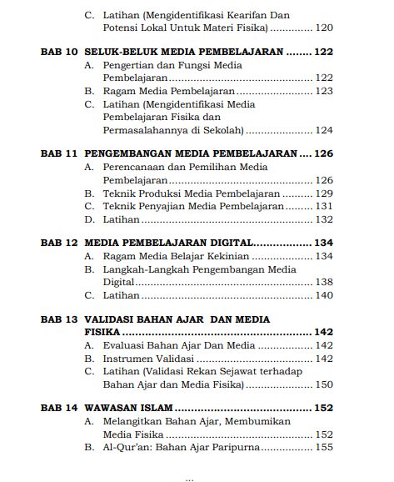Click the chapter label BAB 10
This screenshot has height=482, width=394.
(59, 52)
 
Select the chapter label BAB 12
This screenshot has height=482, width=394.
(59, 242)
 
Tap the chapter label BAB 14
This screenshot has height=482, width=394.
(59, 409)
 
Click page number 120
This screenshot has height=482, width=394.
(322, 28)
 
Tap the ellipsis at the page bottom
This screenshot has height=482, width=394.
(189, 478)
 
